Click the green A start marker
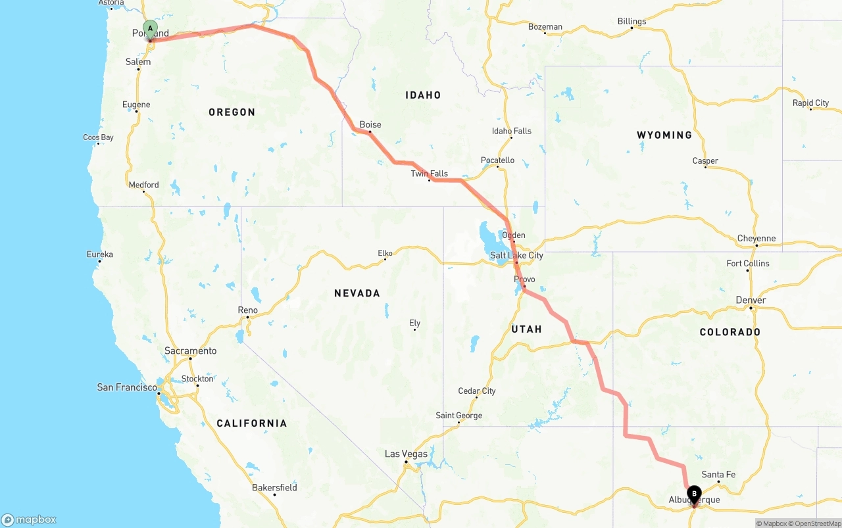(x=150, y=29)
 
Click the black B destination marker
(x=694, y=494)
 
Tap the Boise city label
(x=370, y=124)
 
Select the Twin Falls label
(x=429, y=174)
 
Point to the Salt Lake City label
(x=516, y=255)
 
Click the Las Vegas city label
(x=406, y=454)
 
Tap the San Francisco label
(x=127, y=387)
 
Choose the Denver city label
(x=751, y=300)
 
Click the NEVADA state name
(x=357, y=293)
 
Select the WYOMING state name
(x=664, y=135)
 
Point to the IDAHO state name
(x=423, y=95)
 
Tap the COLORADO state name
(x=730, y=332)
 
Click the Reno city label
(x=248, y=310)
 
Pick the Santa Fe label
(x=718, y=474)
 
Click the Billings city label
(x=631, y=21)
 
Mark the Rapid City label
(x=810, y=103)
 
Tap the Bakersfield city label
(x=274, y=487)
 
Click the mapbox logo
(x=29, y=519)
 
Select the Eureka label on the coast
(x=100, y=254)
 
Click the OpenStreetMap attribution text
(x=814, y=523)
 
